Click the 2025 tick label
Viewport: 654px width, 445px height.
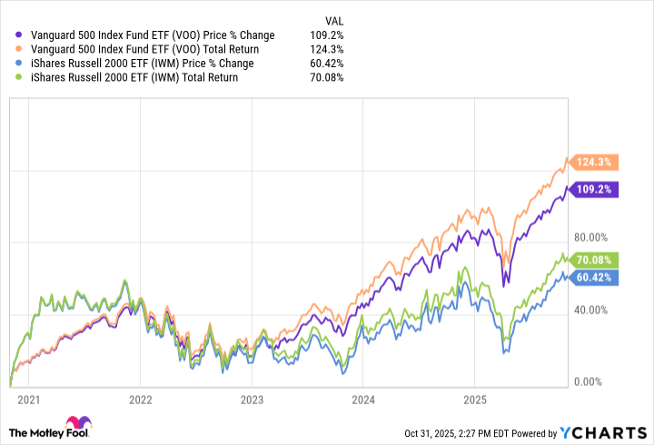476,399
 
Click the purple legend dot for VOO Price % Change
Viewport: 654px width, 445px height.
21,35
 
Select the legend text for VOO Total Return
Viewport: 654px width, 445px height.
145,49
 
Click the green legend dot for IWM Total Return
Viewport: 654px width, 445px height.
21,78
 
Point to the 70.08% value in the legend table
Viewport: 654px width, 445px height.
327,78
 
